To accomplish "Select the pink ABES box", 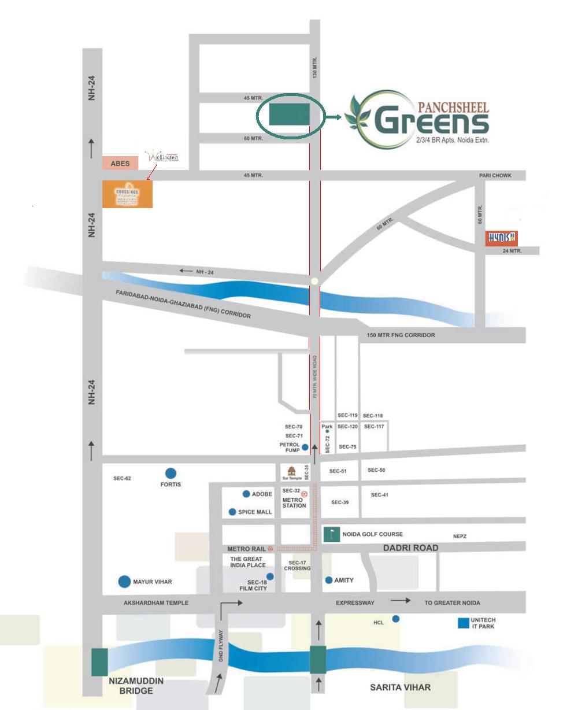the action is point(120,164).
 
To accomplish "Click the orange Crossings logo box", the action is point(127,194).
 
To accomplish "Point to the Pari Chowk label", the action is point(495,175).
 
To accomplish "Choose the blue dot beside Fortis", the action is point(171,473).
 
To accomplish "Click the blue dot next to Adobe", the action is point(246,494).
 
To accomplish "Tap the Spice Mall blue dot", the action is point(232,512).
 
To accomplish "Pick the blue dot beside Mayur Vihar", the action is point(124,582).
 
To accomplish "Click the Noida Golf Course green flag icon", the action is point(332,534).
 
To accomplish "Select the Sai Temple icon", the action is point(291,471).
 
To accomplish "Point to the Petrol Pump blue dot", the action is point(305,447).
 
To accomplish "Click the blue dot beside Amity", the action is point(329,580).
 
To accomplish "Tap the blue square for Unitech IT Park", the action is point(463,623).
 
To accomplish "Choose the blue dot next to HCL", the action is point(396,619).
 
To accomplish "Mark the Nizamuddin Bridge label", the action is point(136,686).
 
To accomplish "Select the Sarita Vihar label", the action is point(400,687).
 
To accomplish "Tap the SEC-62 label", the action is point(123,478).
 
